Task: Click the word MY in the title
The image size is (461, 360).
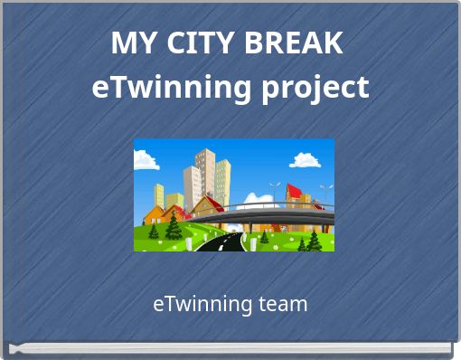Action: [129, 43]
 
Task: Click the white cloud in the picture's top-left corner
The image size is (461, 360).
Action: [145, 160]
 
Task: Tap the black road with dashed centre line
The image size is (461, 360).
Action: [221, 242]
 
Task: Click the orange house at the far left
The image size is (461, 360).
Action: [154, 215]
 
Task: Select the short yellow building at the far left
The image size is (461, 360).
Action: [158, 196]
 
